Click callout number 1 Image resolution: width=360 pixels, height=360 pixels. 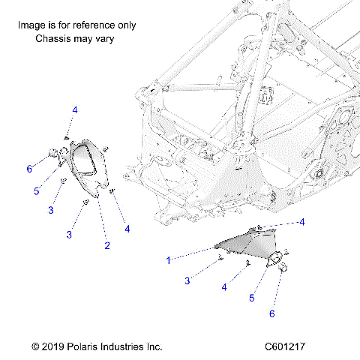pos(169,260)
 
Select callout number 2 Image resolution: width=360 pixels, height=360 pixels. pos(106,245)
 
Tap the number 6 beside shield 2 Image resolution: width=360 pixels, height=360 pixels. pos(29,169)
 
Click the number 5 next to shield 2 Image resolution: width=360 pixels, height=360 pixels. pos(35,191)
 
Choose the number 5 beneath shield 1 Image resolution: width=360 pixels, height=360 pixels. pos(252,298)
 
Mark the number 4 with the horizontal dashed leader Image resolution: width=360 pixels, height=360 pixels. pos(302,222)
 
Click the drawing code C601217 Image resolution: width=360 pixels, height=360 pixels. pos(289,347)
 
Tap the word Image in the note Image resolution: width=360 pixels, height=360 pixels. pos(31,25)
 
